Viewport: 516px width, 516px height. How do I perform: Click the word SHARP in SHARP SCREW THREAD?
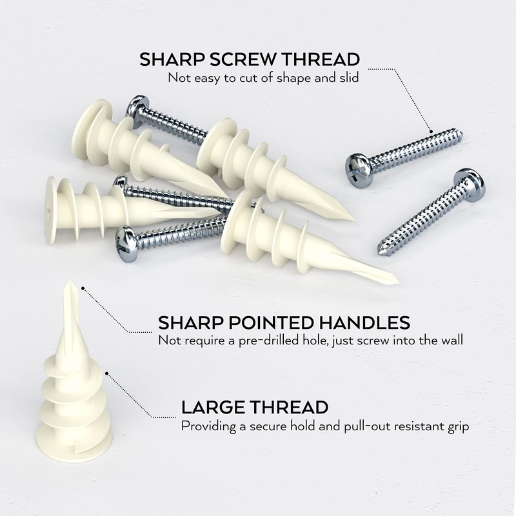(x=172, y=59)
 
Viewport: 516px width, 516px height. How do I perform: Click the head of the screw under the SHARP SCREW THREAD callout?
(x=359, y=170)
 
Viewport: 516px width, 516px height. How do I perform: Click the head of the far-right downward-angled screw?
(x=469, y=184)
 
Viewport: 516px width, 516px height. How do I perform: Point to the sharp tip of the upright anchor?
(x=70, y=282)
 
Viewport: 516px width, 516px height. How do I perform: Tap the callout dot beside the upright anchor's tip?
(x=83, y=288)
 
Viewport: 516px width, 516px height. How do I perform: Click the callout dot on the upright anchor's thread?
(x=106, y=373)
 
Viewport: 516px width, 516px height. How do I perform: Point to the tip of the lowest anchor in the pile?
(x=397, y=282)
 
